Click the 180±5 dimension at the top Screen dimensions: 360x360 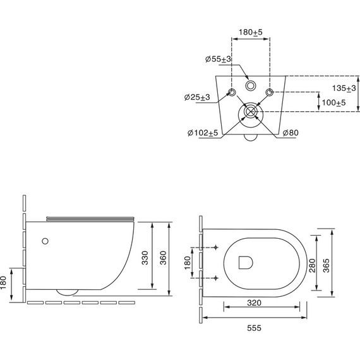coord(250,32)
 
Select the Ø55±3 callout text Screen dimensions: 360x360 coord(218,59)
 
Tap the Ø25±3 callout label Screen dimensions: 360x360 coord(197,97)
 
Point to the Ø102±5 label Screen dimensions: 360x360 coord(203,133)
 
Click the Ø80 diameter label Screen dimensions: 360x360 coord(291,133)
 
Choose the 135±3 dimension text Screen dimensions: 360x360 coord(344,88)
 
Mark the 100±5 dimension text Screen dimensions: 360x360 coord(333,102)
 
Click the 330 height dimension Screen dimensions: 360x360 coord(145,258)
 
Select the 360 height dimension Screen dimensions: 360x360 coord(163,258)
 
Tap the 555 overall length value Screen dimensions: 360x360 coord(254,328)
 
